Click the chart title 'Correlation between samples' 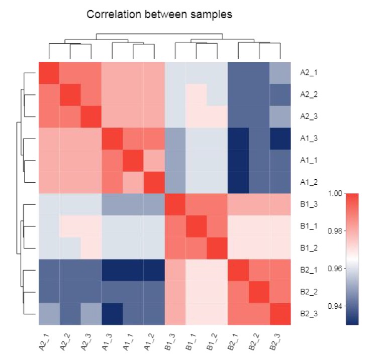(159, 15)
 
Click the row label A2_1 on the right (308, 72)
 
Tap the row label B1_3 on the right (308, 204)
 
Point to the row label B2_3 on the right (308, 313)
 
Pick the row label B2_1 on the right (308, 270)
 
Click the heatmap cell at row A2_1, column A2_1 (49, 73)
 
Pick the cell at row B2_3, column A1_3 (112, 313)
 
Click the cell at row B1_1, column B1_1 (196, 226)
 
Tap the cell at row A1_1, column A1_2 (154, 160)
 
